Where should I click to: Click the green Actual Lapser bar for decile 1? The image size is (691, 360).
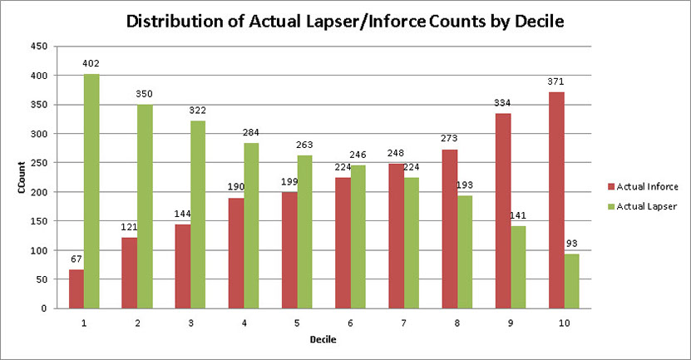click(91, 191)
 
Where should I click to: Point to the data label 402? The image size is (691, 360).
click(91, 64)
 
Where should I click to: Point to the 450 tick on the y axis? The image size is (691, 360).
click(37, 47)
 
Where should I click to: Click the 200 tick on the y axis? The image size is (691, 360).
click(37, 192)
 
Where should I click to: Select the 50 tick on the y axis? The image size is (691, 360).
click(40, 279)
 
